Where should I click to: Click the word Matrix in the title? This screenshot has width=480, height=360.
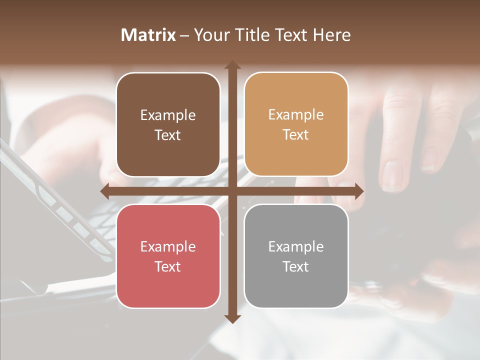coord(148,35)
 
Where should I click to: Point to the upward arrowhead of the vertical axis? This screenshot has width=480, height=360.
coord(232,65)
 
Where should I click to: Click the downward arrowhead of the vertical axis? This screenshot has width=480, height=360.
coord(232,319)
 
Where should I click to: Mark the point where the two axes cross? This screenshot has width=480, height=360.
coord(232,191)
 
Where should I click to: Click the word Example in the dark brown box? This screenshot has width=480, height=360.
coord(168,115)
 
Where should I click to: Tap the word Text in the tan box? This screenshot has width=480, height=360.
coord(296,135)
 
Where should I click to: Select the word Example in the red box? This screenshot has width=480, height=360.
coord(168,247)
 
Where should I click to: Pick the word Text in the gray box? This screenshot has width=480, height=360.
coord(296,266)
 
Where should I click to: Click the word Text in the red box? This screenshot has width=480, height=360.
coord(168,266)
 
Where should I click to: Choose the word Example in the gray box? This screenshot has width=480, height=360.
coord(296,247)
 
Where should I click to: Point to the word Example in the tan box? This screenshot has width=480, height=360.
coord(296,115)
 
